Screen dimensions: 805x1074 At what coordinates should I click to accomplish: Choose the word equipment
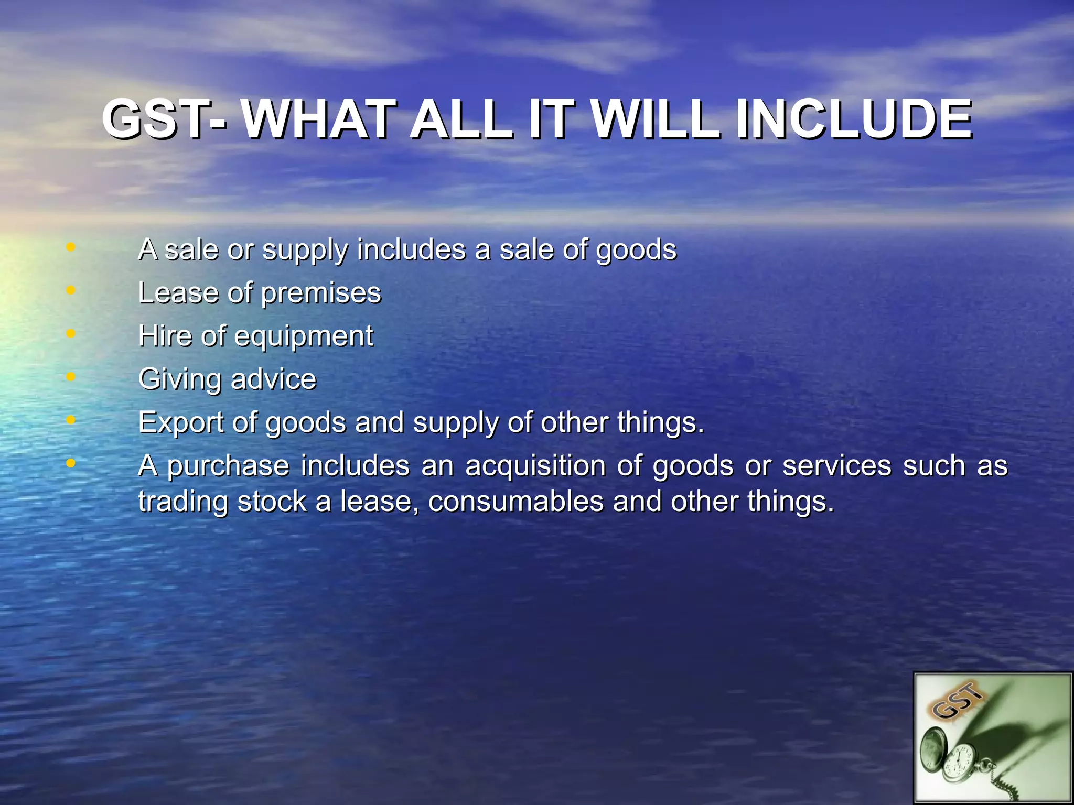pyautogui.click(x=304, y=336)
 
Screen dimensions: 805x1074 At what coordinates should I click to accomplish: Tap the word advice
pyautogui.click(x=273, y=379)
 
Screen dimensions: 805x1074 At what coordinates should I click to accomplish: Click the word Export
pyautogui.click(x=180, y=423)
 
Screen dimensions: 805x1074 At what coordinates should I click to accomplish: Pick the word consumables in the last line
pyautogui.click(x=516, y=502)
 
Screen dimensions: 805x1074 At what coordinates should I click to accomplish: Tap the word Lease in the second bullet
pyautogui.click(x=178, y=292)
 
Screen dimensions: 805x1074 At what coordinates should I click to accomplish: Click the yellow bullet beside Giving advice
pyautogui.click(x=71, y=376)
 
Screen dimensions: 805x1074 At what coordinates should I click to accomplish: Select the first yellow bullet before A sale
pyautogui.click(x=71, y=246)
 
